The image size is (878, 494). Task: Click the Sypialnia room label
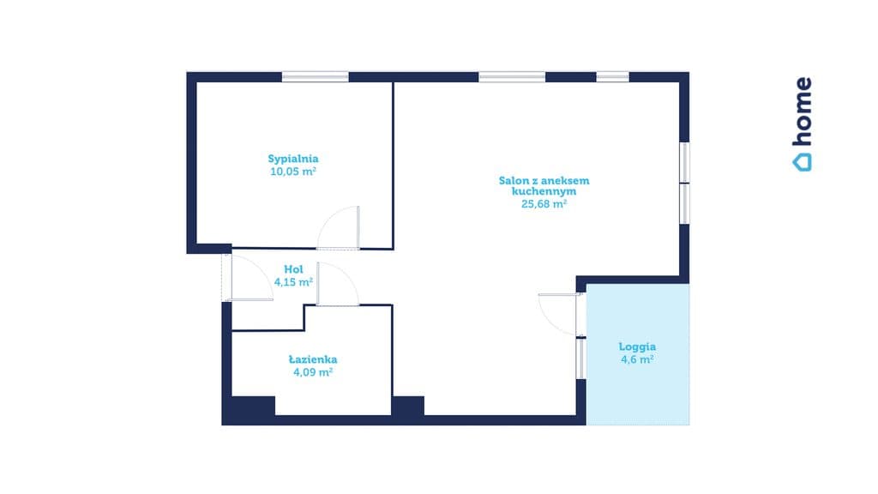click(x=293, y=159)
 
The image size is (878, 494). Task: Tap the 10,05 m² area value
click(x=293, y=172)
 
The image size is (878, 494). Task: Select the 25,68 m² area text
click(x=544, y=204)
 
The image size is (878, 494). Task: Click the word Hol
click(x=293, y=268)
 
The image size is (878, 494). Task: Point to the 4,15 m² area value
click(x=293, y=281)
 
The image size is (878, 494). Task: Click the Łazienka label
click(x=313, y=359)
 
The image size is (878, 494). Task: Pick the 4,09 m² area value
click(x=313, y=372)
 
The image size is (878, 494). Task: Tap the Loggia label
click(x=637, y=346)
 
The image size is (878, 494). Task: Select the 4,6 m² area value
click(x=637, y=359)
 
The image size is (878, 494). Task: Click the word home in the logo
click(x=803, y=111)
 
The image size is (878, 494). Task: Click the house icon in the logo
click(x=802, y=162)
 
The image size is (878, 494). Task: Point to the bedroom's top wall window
click(x=316, y=76)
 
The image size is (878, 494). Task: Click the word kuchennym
click(x=544, y=191)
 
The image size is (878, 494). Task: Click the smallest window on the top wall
click(x=612, y=76)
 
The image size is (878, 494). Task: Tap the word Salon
click(x=513, y=180)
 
